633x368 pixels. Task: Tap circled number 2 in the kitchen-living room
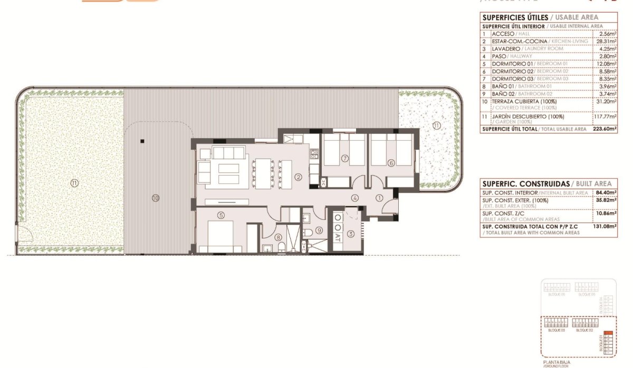[x=298, y=177]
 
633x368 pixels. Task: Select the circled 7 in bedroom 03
[x=344, y=158]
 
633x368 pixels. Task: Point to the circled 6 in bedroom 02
[x=391, y=163]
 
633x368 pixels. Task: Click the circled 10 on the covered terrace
[x=155, y=198]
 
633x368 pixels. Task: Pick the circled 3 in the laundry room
[x=349, y=234]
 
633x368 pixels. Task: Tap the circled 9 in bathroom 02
[x=319, y=230]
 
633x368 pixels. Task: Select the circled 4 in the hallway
[x=356, y=198]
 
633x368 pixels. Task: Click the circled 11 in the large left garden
[x=74, y=183]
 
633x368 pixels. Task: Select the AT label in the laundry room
[x=337, y=238]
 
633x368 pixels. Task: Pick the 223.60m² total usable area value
[x=604, y=129]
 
